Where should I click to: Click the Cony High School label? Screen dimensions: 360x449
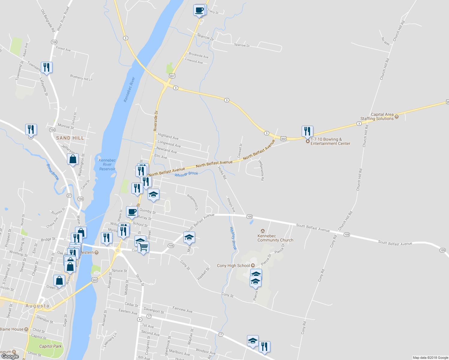tap(233, 266)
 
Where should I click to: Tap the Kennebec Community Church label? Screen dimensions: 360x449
tap(275, 238)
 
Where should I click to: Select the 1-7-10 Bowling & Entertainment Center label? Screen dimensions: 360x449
tap(330, 142)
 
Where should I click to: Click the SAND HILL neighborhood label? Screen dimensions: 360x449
tap(70, 138)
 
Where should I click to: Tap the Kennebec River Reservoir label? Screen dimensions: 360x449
tap(107, 165)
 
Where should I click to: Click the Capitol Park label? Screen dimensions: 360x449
tap(50, 346)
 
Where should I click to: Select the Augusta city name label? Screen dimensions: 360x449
tap(37, 306)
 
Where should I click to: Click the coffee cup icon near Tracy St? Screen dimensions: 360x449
tap(199, 10)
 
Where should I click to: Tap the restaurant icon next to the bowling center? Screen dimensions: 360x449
tap(307, 131)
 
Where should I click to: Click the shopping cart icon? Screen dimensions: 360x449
tap(143, 247)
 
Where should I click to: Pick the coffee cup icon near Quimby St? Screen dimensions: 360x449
tap(132, 212)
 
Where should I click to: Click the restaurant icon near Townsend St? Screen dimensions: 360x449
tap(47, 67)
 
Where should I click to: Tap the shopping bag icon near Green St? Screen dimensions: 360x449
tap(59, 280)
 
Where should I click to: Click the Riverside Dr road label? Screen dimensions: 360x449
tap(155, 121)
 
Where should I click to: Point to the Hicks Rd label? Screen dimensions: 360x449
tap(222, 173)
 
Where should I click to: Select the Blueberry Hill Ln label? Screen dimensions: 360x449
tap(81, 77)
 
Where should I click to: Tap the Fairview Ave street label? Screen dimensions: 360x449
tap(182, 310)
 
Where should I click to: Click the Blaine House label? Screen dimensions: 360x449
tap(11, 329)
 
